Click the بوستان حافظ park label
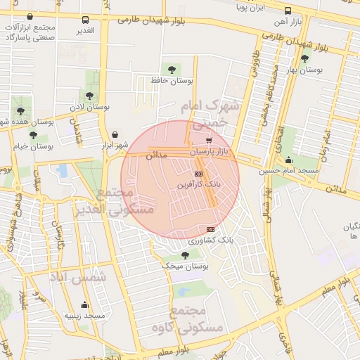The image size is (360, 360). (172, 81)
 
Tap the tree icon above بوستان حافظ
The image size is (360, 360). (172, 69)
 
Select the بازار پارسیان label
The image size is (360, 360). (209, 151)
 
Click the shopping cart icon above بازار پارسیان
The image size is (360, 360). (209, 140)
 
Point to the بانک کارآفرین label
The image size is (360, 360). (199, 185)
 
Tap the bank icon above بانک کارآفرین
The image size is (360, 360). (198, 174)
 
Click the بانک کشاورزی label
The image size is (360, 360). (210, 240)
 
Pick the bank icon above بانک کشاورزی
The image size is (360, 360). (210, 229)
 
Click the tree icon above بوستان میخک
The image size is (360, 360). (185, 255)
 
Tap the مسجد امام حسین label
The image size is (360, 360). (289, 171)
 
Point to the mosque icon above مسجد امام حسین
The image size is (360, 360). (288, 160)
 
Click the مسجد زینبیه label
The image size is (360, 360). (85, 316)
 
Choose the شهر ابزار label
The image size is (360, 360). (114, 146)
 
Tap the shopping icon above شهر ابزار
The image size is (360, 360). (115, 134)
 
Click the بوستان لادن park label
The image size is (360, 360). (89, 107)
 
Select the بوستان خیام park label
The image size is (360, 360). (33, 146)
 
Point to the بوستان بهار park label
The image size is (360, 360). (304, 70)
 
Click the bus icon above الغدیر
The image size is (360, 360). (85, 20)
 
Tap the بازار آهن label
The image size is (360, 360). (288, 23)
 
